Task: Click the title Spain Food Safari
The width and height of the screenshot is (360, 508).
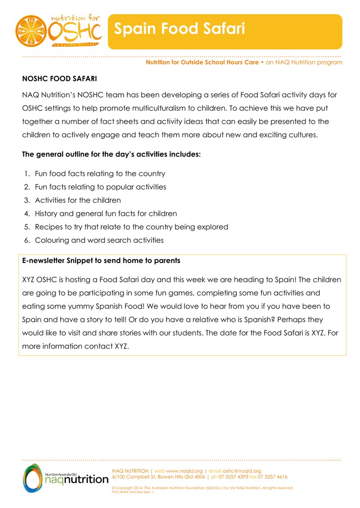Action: [x=179, y=29]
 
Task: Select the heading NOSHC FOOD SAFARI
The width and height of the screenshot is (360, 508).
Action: [x=59, y=79]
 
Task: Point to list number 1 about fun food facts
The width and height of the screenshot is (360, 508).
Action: [x=27, y=174]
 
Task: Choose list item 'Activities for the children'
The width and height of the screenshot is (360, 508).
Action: [x=78, y=200]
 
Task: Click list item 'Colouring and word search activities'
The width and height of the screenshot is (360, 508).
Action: [x=99, y=240]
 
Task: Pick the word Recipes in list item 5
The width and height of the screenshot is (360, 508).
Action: [x=48, y=227]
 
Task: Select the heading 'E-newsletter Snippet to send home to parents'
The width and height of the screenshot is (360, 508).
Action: [x=101, y=260]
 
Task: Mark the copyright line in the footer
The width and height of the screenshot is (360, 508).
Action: [x=202, y=488]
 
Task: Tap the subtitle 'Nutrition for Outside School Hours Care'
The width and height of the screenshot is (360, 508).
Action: [x=202, y=62]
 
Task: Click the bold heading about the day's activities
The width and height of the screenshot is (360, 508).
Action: [x=111, y=154]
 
